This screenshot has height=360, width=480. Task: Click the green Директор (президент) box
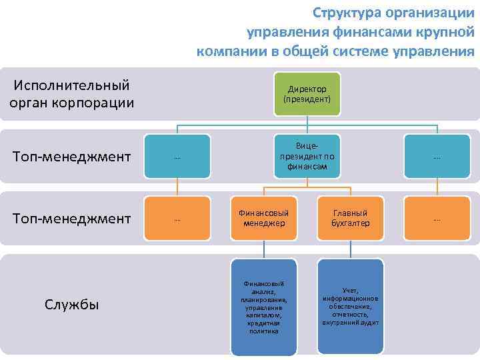tap(307, 93)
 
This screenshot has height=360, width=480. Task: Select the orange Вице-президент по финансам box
tap(307, 157)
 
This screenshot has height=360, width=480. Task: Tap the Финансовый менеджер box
tap(263, 218)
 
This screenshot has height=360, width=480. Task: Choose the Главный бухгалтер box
tap(350, 218)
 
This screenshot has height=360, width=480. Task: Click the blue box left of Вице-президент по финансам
tap(177, 157)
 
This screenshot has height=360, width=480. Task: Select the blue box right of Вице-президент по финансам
tap(437, 157)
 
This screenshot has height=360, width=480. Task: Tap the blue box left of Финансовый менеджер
tap(177, 218)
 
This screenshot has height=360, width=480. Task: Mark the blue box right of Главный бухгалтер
tap(437, 218)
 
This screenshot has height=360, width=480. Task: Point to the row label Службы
tap(72, 305)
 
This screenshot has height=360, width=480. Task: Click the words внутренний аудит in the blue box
tap(350, 323)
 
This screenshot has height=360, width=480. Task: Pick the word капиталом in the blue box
tap(263, 315)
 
